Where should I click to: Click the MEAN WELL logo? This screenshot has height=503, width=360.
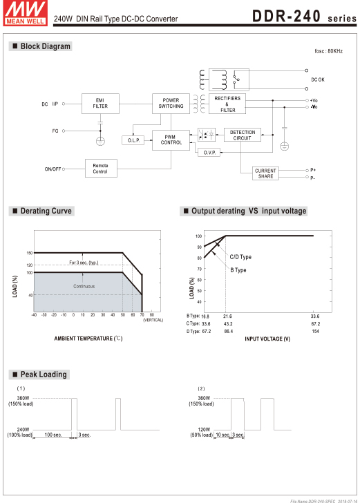(26, 13)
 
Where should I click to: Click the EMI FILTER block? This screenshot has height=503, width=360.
(100, 104)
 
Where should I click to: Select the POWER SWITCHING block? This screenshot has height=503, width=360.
(171, 104)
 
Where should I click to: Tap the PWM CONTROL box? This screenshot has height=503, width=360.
(171, 140)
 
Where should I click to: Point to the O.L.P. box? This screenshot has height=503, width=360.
(133, 140)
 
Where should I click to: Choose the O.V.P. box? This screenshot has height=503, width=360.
(209, 153)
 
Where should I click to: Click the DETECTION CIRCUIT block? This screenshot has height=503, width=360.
(243, 135)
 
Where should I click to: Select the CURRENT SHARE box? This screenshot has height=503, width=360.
(265, 173)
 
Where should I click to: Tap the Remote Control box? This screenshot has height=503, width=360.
(101, 169)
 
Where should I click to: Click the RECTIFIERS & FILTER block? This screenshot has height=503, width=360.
(227, 104)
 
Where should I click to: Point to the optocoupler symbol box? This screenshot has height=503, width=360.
(207, 135)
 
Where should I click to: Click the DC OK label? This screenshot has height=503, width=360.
(318, 79)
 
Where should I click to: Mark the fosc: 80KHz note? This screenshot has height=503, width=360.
(328, 51)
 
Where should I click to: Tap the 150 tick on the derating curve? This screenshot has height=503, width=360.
(30, 253)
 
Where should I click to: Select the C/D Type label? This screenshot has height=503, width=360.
(240, 257)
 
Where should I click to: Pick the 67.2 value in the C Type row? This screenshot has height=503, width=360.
(315, 323)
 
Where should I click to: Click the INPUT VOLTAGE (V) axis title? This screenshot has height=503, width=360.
(267, 339)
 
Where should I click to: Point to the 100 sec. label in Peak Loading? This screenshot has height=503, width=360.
(53, 435)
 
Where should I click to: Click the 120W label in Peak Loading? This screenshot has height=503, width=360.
(204, 429)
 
